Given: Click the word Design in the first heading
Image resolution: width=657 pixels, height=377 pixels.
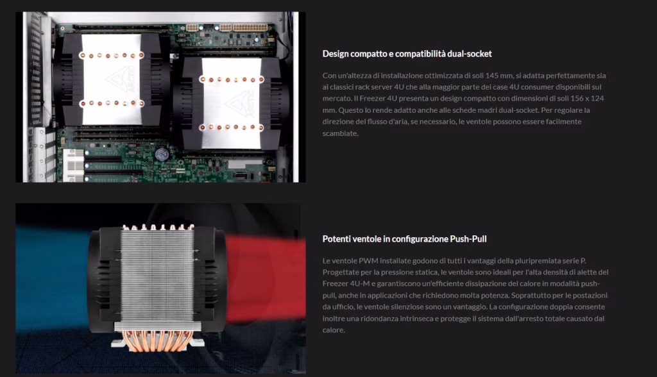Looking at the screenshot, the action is (x=336, y=54).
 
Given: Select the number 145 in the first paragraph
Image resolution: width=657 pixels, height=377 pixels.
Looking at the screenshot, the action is (x=493, y=76).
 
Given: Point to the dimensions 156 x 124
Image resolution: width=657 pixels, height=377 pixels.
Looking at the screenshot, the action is (x=587, y=99).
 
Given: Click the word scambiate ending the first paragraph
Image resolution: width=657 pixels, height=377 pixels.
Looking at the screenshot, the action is (x=340, y=133).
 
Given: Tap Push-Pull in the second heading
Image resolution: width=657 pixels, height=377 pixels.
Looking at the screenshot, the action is (x=468, y=239).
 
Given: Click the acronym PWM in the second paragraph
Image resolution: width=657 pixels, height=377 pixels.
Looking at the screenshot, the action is (x=368, y=260).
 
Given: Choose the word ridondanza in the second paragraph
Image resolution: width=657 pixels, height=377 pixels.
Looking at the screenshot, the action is (x=379, y=319).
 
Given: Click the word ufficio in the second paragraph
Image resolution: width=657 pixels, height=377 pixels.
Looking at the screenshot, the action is (x=343, y=306).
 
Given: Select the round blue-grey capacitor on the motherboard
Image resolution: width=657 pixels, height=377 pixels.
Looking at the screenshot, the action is (x=162, y=154).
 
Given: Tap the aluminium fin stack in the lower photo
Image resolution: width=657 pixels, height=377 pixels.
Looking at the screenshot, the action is (x=157, y=276).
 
